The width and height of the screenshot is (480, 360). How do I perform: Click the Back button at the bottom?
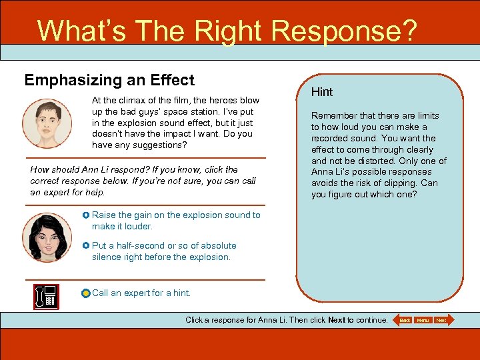(404, 320)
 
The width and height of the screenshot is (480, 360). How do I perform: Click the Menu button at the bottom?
(423, 320)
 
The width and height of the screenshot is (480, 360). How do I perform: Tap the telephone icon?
(47, 296)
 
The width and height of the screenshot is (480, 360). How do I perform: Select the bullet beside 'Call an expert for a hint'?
(85, 293)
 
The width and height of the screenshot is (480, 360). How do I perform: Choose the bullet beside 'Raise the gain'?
(86, 215)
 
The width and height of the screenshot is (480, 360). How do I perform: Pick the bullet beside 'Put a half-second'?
(86, 246)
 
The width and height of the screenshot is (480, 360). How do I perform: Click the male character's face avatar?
(47, 123)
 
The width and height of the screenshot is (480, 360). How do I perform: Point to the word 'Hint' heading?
(322, 92)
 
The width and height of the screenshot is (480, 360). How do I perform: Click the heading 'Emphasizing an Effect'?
(109, 81)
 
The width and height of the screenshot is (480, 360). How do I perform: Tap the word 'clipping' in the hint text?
(399, 183)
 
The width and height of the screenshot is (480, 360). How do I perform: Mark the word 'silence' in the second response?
(107, 257)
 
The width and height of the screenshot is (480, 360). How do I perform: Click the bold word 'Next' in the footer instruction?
(337, 320)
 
